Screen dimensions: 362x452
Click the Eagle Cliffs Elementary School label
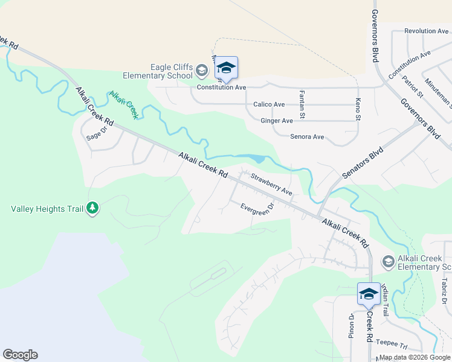click(157, 71)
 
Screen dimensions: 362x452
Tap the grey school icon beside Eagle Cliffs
click(202, 72)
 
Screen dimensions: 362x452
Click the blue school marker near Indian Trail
click(369, 294)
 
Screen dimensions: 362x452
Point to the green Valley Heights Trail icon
click(92, 208)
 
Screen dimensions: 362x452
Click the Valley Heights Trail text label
click(47, 209)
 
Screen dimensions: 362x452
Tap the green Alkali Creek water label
click(124, 104)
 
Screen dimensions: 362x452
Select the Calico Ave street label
click(269, 104)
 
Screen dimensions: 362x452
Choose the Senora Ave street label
click(307, 137)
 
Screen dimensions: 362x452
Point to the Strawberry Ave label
click(272, 185)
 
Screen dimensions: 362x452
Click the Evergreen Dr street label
click(257, 208)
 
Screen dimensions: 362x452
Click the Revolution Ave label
click(427, 31)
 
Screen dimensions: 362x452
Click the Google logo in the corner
click(20, 355)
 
